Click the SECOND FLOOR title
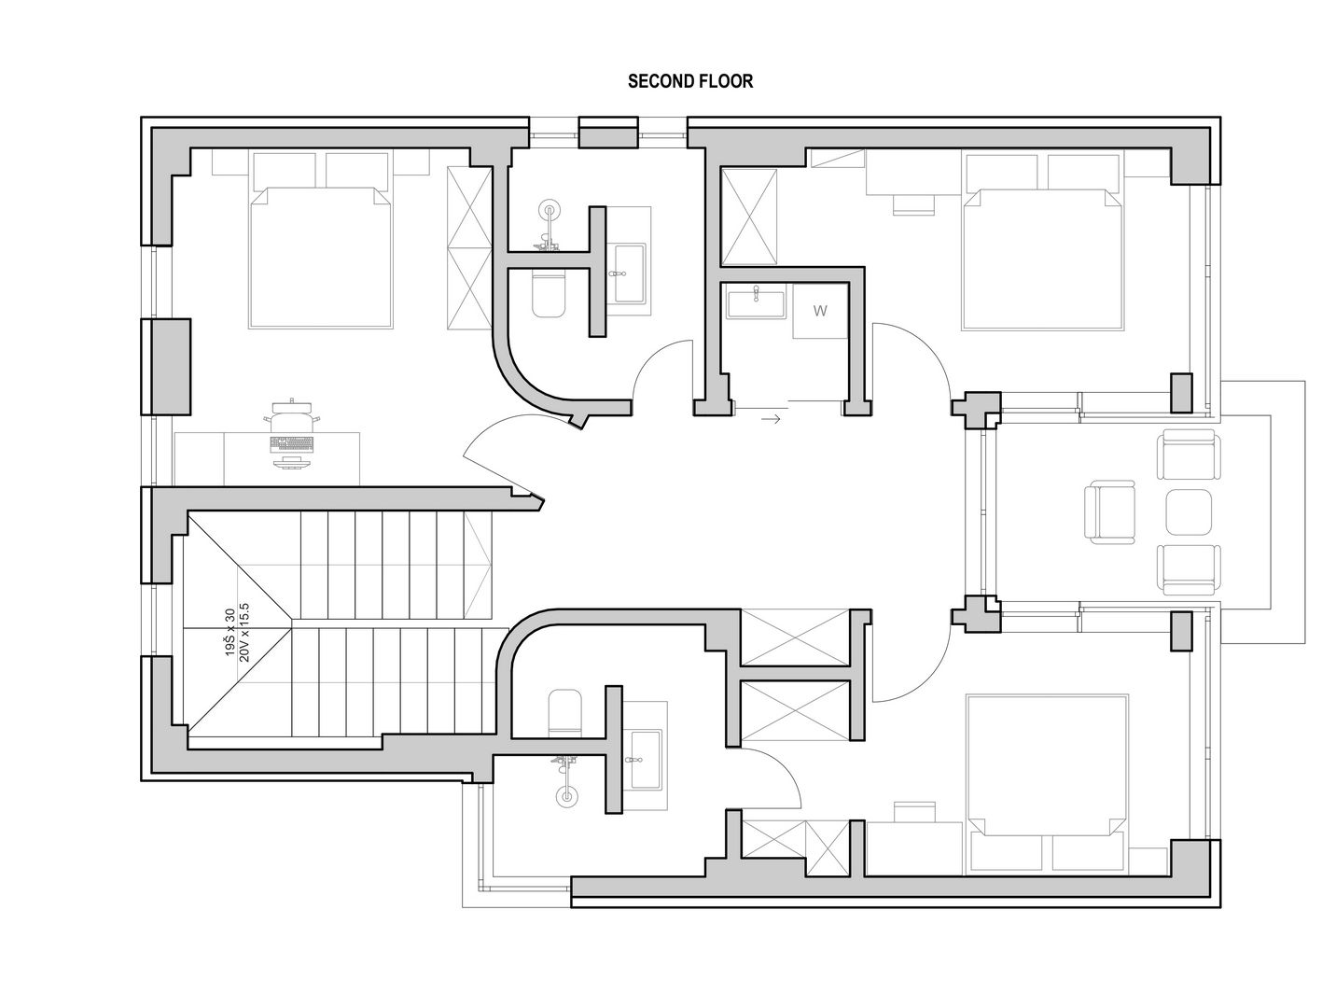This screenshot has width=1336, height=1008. (x=689, y=81)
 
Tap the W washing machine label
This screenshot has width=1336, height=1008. (x=820, y=311)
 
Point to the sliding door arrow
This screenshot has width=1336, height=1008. (x=771, y=419)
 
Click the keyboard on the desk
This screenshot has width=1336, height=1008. (x=291, y=444)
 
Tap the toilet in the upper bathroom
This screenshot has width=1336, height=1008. (x=549, y=296)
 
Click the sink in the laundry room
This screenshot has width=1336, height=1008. (x=756, y=303)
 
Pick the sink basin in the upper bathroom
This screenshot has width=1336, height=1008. (x=630, y=273)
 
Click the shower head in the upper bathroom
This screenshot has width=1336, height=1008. (x=550, y=210)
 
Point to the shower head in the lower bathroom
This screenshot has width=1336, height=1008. (x=566, y=795)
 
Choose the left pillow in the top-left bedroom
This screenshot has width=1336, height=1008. (x=285, y=171)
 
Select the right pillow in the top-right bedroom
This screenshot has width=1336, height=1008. (x=1083, y=173)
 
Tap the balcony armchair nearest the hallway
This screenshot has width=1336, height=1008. (x=1109, y=511)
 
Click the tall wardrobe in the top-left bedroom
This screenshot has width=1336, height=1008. (x=469, y=248)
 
